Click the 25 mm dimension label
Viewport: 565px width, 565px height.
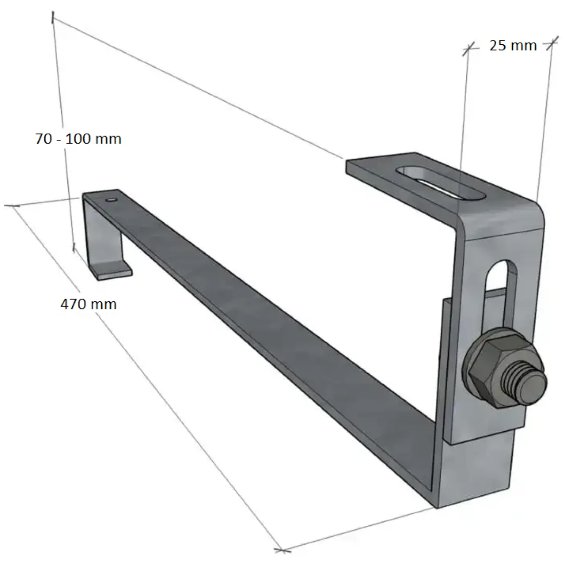coord(513,46)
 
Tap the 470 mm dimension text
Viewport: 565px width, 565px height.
coord(89,304)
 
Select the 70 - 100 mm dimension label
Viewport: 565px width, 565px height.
coord(78,139)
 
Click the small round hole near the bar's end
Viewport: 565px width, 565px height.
coord(111,200)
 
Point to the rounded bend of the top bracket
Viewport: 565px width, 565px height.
coord(531,214)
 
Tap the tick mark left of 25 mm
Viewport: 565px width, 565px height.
coord(469,49)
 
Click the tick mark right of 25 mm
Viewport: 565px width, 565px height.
coord(551,44)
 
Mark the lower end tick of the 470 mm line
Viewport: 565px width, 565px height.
coord(282,550)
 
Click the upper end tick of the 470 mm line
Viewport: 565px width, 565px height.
coord(12,206)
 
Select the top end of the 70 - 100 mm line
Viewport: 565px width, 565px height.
coord(53,17)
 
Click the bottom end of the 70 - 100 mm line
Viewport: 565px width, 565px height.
coord(73,248)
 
